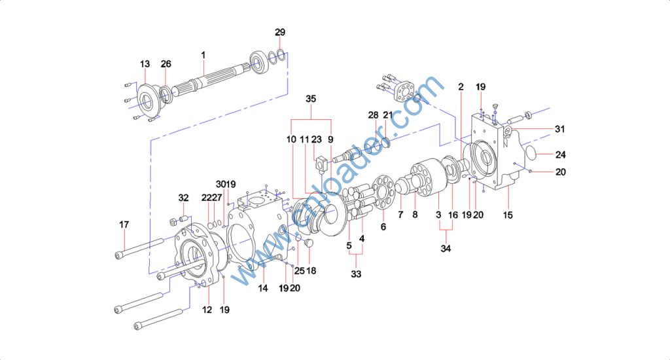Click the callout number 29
(x=280, y=32)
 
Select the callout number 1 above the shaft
(x=203, y=55)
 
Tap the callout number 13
(x=145, y=63)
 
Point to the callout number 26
(x=166, y=63)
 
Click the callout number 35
(x=311, y=99)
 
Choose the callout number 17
(x=124, y=225)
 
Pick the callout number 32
(x=183, y=198)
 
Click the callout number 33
(x=356, y=274)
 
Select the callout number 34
(x=446, y=249)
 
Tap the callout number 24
(x=561, y=154)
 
